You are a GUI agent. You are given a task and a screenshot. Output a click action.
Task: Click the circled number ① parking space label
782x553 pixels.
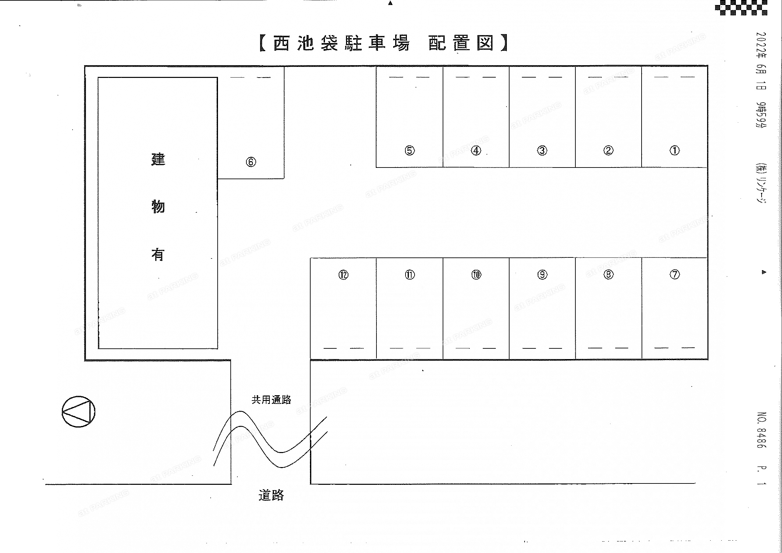point(674,150)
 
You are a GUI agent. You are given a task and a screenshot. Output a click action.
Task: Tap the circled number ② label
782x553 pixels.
point(608,150)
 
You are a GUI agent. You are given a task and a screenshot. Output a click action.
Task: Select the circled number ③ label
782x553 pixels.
point(542,150)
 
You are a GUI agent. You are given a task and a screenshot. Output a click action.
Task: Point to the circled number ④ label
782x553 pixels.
point(476,150)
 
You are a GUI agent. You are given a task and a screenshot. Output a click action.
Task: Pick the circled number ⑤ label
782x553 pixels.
point(410,150)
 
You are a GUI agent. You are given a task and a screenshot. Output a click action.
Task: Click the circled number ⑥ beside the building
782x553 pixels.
point(251,162)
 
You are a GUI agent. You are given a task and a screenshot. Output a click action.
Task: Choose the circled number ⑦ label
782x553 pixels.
point(674,274)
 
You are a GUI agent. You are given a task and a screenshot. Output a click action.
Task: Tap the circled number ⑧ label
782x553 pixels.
point(608,274)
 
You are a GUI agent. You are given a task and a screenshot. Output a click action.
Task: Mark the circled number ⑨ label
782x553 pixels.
point(542,274)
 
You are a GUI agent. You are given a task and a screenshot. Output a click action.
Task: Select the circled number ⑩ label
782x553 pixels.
point(476,274)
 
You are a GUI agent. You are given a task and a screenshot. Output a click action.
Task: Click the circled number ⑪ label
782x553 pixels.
point(410,274)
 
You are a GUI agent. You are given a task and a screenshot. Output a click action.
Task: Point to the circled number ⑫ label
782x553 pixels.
point(343,274)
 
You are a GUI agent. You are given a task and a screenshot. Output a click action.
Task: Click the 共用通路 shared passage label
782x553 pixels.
point(271,400)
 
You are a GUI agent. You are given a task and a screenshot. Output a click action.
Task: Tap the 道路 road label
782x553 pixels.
point(271,495)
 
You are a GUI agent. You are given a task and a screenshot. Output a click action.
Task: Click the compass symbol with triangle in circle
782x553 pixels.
point(78,411)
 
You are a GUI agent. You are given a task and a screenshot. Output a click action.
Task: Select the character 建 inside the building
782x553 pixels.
point(158,159)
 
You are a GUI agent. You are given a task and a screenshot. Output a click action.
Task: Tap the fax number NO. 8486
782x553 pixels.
point(762,430)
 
